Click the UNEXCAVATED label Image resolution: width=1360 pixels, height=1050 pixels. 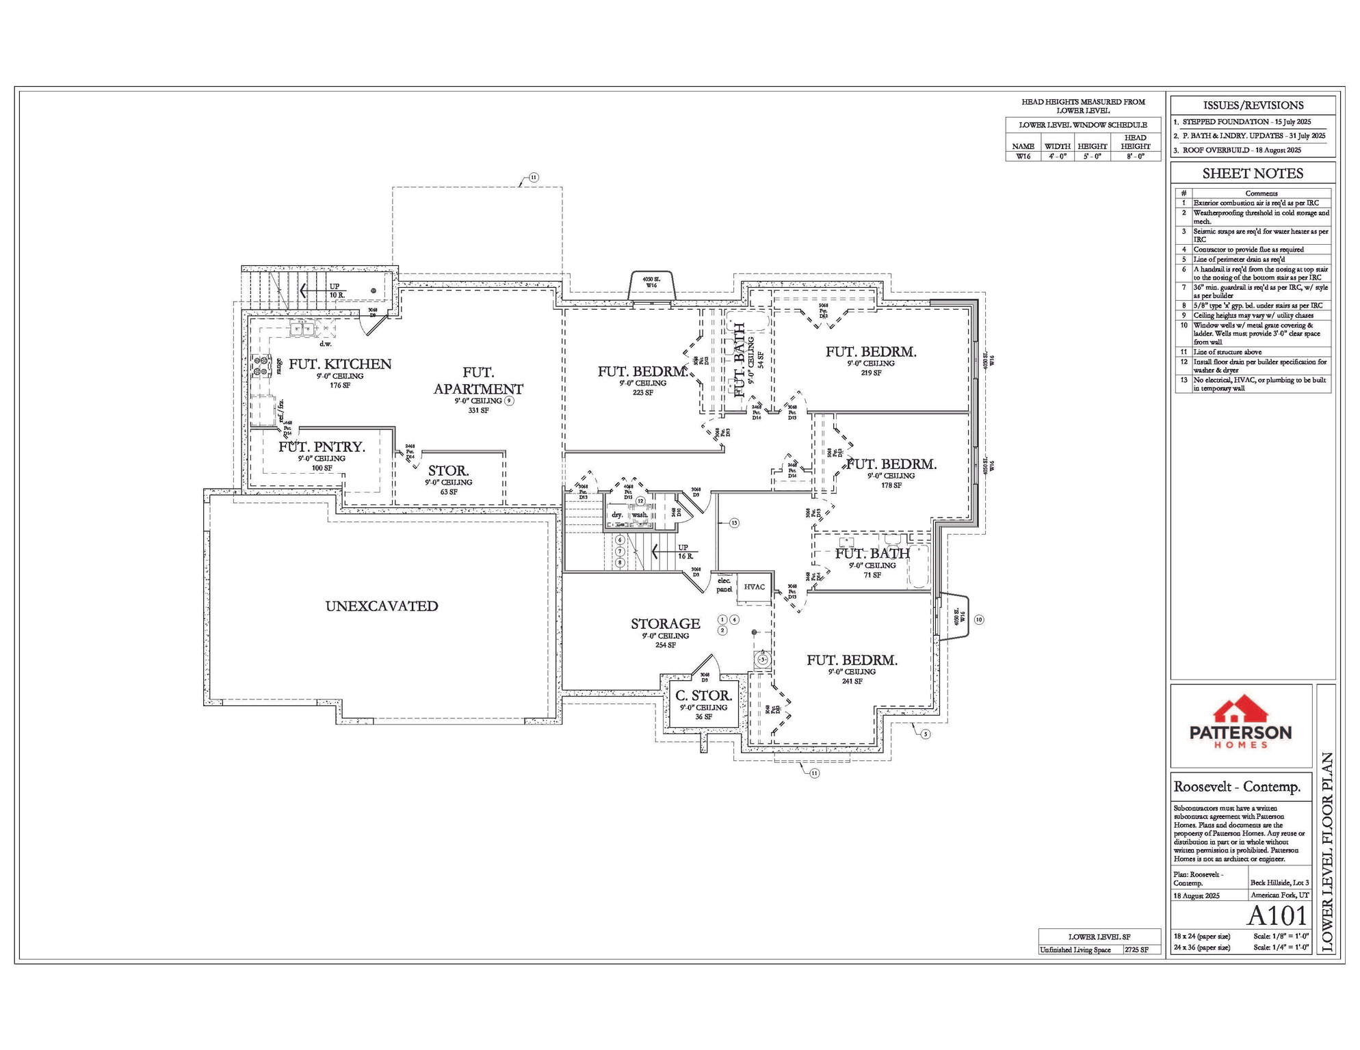[382, 606]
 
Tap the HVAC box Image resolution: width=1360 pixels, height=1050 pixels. [754, 587]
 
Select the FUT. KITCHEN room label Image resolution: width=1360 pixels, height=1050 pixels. [340, 364]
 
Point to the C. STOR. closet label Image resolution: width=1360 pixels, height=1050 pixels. [703, 696]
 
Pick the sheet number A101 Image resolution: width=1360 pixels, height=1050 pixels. [1277, 915]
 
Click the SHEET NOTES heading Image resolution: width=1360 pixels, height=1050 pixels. [1253, 174]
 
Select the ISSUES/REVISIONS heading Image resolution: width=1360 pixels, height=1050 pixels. [1253, 105]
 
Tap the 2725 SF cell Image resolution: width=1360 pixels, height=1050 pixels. [1136, 950]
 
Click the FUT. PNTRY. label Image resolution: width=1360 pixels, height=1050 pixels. [322, 447]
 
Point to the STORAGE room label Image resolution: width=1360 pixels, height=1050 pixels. [665, 623]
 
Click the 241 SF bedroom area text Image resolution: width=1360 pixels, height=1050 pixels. [852, 681]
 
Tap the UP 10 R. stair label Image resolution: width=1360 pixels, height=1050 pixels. [337, 291]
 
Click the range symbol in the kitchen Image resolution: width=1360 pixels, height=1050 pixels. [261, 367]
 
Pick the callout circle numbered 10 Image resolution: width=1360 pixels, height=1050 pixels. [979, 619]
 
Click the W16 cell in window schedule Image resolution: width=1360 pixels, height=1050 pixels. [1023, 156]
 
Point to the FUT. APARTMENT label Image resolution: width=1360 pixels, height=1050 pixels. [478, 381]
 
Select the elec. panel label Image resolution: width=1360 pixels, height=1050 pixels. [724, 584]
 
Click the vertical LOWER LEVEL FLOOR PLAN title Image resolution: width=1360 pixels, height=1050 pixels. [1326, 852]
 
